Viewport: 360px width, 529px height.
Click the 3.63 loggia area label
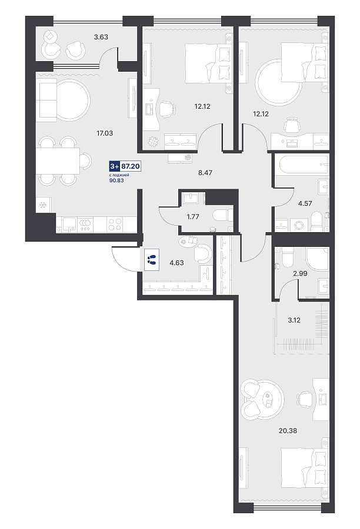(x=101, y=37)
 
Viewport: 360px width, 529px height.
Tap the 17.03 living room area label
(x=105, y=133)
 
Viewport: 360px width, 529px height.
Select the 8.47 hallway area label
(x=205, y=173)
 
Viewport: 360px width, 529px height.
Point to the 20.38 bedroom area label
(x=288, y=430)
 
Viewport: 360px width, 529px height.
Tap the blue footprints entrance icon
(x=152, y=259)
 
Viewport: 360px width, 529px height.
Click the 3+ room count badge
(x=115, y=166)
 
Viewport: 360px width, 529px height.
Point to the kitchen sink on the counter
(x=69, y=225)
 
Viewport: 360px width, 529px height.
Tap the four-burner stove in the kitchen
(x=115, y=225)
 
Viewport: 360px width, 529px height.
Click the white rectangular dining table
(x=58, y=160)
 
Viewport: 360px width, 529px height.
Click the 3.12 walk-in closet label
(x=294, y=320)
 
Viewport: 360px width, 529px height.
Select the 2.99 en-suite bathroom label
(x=300, y=273)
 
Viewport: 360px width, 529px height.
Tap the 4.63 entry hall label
(x=176, y=263)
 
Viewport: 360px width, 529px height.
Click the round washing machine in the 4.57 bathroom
(x=299, y=225)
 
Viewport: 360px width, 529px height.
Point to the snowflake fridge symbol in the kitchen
(x=43, y=205)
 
